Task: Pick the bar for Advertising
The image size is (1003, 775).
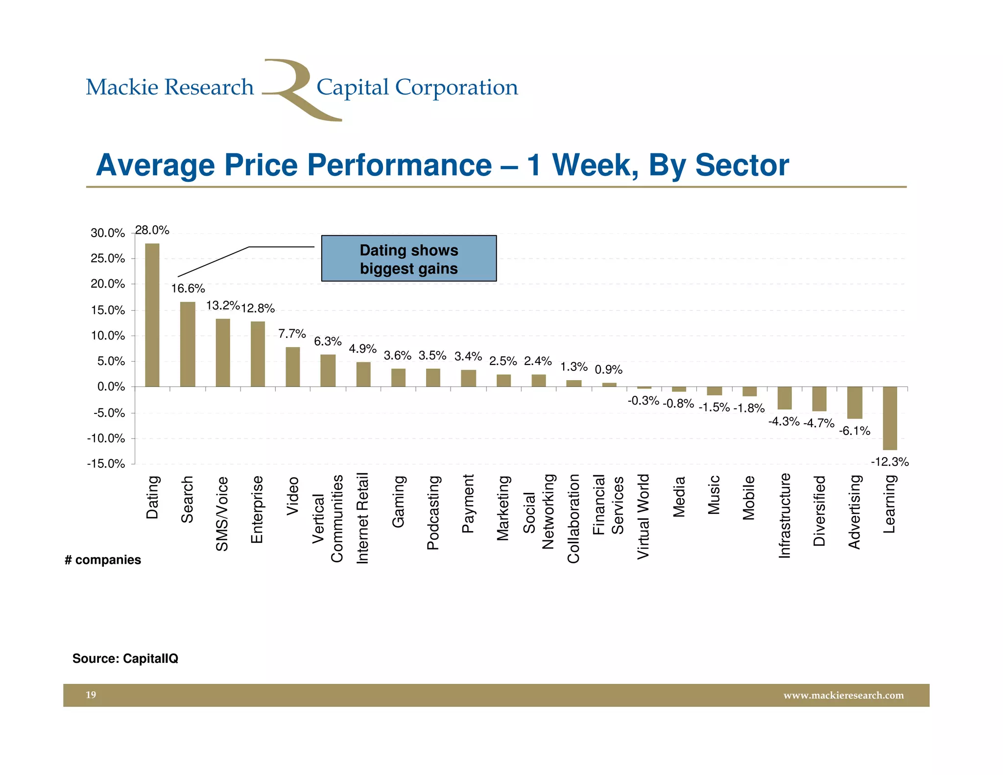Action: pyautogui.click(x=855, y=403)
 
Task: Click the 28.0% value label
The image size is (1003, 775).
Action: pyautogui.click(x=152, y=230)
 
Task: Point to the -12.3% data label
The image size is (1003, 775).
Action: pyautogui.click(x=889, y=462)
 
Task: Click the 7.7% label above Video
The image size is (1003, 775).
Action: pyautogui.click(x=292, y=334)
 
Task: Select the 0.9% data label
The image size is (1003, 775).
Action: pyautogui.click(x=608, y=370)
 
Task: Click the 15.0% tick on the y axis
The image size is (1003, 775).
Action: pyautogui.click(x=108, y=310)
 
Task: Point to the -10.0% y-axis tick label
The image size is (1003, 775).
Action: pyautogui.click(x=106, y=438)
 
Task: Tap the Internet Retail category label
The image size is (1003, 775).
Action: pyautogui.click(x=362, y=518)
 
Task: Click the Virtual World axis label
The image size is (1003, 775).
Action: pyautogui.click(x=643, y=516)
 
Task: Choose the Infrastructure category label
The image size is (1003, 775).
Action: pyautogui.click(x=785, y=515)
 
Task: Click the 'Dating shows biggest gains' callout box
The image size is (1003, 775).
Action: pyautogui.click(x=408, y=259)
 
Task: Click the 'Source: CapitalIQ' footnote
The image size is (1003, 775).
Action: pyautogui.click(x=125, y=658)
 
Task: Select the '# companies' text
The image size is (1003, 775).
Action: pyautogui.click(x=103, y=560)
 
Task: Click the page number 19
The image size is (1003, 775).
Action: pyautogui.click(x=91, y=695)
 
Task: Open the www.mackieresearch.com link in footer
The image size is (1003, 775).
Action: pyautogui.click(x=843, y=695)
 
